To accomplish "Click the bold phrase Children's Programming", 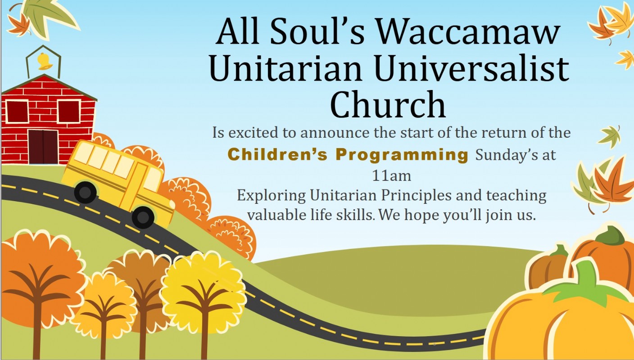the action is pos(348,155).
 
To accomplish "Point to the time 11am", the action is pos(391,176).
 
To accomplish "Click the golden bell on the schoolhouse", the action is pos(45,61).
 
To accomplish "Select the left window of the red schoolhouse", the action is pos(17,112).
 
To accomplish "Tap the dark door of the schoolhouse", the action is pos(43,147).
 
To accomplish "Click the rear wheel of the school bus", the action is pos(85,192).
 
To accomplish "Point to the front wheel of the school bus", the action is pos(143,217).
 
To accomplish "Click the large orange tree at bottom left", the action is pos(40,283).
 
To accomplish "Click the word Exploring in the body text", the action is pos(272,196).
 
